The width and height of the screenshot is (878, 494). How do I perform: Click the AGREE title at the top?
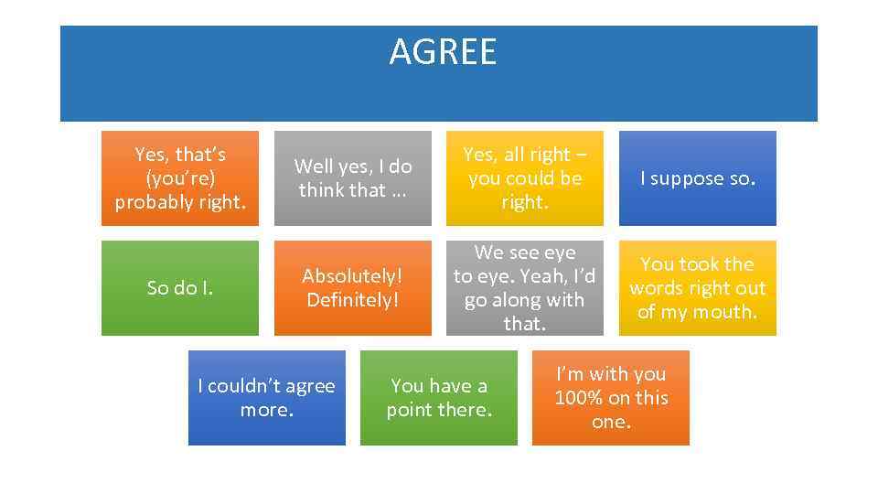443,52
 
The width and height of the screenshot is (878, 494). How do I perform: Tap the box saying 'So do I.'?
179,288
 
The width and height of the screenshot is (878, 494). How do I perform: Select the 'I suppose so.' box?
697,178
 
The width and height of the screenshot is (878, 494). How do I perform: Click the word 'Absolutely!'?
352,275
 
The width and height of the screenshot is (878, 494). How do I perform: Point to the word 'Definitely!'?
352,299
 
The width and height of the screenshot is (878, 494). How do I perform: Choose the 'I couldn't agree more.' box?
266,398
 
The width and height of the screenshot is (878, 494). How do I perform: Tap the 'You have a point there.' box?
438,398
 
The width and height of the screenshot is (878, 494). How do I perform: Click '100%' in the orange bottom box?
580,398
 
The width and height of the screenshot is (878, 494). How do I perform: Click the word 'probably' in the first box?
150,202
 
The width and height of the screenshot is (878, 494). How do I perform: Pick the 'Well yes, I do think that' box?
352,178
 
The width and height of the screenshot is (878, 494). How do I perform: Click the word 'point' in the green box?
410,410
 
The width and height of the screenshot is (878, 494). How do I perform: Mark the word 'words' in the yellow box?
658,288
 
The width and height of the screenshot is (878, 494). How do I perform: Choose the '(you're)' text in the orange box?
179,178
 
